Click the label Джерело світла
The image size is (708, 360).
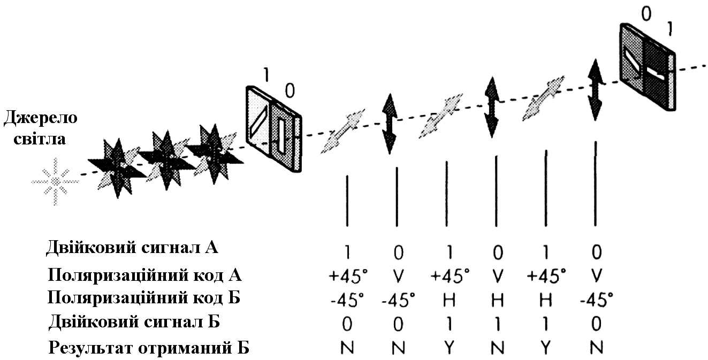pos(41,128)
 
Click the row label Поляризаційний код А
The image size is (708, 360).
pos(144,275)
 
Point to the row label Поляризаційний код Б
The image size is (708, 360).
pos(143,298)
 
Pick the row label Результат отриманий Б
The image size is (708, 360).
pos(149,348)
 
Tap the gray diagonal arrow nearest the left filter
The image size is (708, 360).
pos(342,132)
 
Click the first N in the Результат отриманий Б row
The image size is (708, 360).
pos(347,348)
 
